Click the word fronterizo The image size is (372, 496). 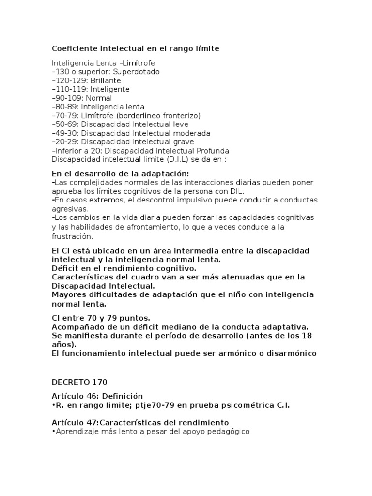point(179,115)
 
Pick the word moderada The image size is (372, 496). point(191,133)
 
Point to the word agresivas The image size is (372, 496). point(70,209)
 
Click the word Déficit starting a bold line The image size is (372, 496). point(65,267)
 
